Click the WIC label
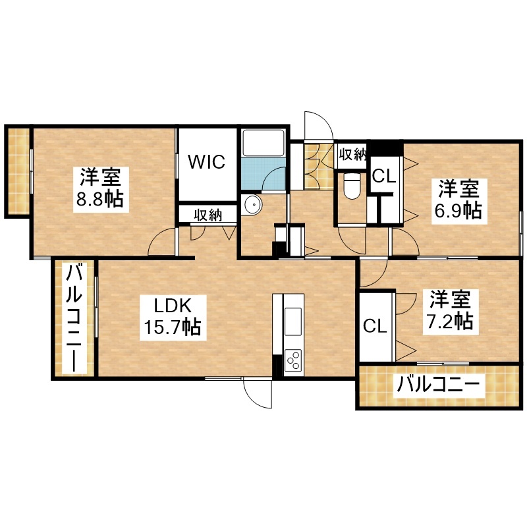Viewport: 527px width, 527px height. pyautogui.click(x=206, y=161)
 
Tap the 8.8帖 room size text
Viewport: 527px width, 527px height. pyautogui.click(x=100, y=199)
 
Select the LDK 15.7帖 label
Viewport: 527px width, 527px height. pyautogui.click(x=173, y=318)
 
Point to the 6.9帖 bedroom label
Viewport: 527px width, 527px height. pyautogui.click(x=458, y=211)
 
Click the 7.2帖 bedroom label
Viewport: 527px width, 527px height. pyautogui.click(x=450, y=321)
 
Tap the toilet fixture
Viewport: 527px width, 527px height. pyautogui.click(x=352, y=186)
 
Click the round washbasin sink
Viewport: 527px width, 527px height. pyautogui.click(x=252, y=204)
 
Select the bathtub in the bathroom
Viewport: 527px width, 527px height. pyautogui.click(x=263, y=143)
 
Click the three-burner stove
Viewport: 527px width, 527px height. pyautogui.click(x=292, y=360)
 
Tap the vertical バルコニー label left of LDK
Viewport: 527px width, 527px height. pyautogui.click(x=74, y=318)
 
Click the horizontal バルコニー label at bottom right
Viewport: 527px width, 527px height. pyautogui.click(x=437, y=385)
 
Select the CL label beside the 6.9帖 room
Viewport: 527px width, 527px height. pyautogui.click(x=383, y=176)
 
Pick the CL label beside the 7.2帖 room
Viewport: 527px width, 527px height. pyautogui.click(x=375, y=325)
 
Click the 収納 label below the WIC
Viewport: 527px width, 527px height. pyautogui.click(x=208, y=215)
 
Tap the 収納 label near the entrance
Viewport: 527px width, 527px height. pyautogui.click(x=352, y=154)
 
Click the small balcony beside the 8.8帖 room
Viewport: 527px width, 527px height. pyautogui.click(x=17, y=171)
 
